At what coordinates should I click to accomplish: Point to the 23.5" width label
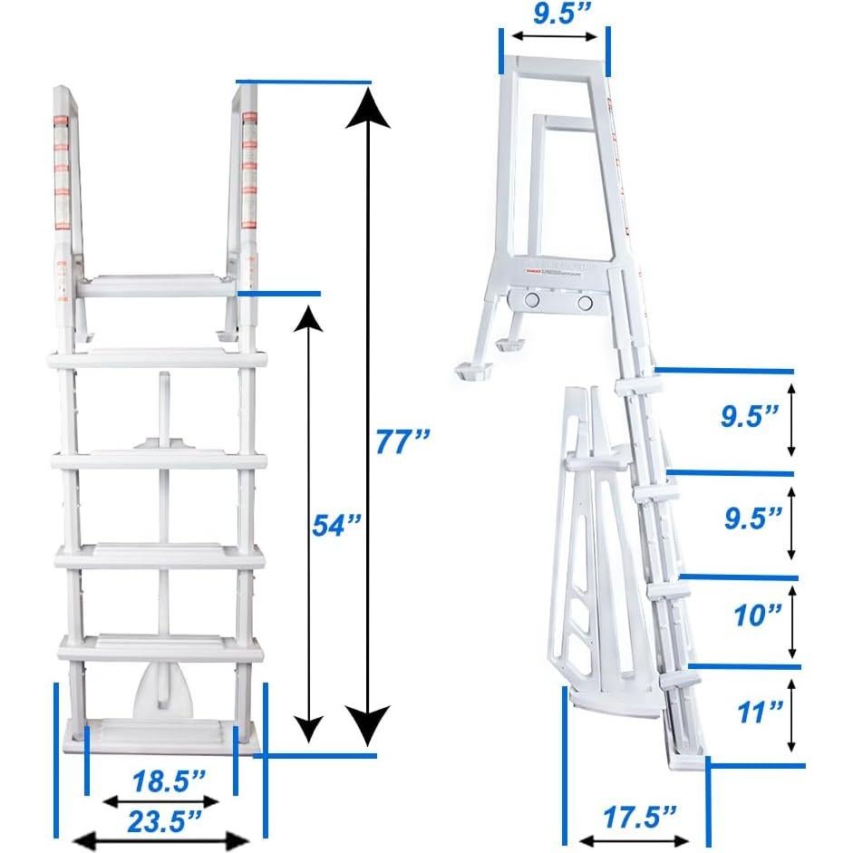[163, 821]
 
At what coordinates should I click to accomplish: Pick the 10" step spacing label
[758, 616]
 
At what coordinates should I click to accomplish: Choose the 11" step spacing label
[758, 712]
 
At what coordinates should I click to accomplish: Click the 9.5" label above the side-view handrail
[554, 14]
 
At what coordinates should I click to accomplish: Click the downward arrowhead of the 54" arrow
[310, 727]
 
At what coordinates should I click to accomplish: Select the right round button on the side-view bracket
[586, 301]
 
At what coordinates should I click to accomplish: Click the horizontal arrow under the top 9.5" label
[554, 38]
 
